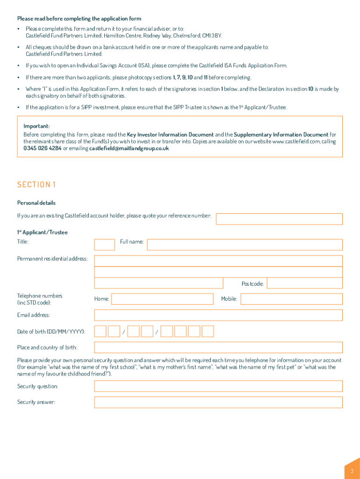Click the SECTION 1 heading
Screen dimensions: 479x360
pyautogui.click(x=36, y=185)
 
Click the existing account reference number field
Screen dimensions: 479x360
pyautogui.click(x=279, y=219)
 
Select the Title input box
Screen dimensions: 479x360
pyautogui.click(x=104, y=245)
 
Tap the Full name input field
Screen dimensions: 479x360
pyautogui.click(x=245, y=245)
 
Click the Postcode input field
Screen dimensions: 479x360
pyautogui.click(x=304, y=283)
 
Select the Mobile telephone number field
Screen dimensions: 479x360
pyautogui.click(x=291, y=299)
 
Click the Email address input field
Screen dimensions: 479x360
pyautogui.click(x=218, y=315)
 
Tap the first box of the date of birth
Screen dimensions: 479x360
pyautogui.click(x=100, y=332)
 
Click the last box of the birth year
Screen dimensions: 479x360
pyautogui.click(x=208, y=332)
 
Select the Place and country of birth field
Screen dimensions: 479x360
pyautogui.click(x=218, y=347)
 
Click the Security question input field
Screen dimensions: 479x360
pyautogui.click(x=218, y=386)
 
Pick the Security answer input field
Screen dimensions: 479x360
pyautogui.click(x=218, y=402)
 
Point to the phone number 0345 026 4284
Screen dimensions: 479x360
pyautogui.click(x=43, y=148)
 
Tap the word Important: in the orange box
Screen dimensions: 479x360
pyautogui.click(x=36, y=126)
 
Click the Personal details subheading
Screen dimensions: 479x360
pyautogui.click(x=36, y=203)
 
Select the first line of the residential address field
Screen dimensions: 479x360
pyautogui.click(x=218, y=261)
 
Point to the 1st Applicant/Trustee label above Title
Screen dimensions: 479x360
pyautogui.click(x=43, y=232)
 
